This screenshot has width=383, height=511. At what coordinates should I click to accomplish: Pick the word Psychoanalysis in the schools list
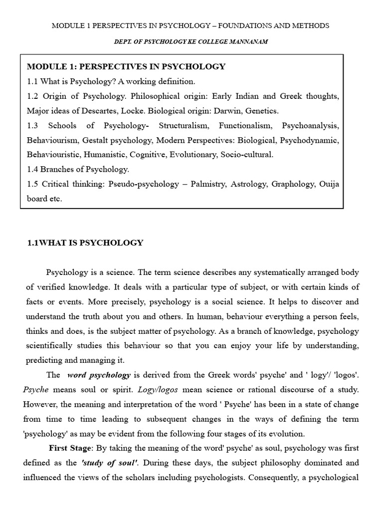point(311,125)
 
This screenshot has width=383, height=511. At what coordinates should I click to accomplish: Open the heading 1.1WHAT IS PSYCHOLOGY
point(85,243)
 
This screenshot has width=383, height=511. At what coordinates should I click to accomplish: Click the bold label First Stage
point(69,448)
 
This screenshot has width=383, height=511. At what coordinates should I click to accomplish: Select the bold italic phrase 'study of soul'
point(103,463)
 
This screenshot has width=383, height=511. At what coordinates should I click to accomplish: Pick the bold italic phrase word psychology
point(99,375)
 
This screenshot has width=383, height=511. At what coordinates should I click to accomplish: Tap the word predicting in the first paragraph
point(45,360)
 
